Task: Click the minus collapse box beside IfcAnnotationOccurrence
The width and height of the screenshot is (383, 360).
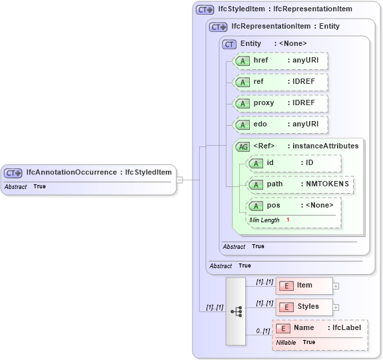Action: (179, 179)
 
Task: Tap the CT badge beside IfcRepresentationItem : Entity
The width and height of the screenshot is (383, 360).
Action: (218, 27)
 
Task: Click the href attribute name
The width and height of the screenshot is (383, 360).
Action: (261, 61)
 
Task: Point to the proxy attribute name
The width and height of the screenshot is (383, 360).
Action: (264, 103)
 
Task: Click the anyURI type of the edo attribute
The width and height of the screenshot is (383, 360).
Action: (303, 124)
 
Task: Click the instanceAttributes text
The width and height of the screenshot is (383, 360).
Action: (326, 146)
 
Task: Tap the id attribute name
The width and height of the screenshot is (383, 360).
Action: (270, 162)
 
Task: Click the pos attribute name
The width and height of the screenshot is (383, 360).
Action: (274, 205)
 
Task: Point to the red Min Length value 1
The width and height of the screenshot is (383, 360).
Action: (288, 220)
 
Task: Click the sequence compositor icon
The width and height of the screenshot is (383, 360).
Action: (236, 311)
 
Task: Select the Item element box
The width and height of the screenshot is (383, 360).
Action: (304, 285)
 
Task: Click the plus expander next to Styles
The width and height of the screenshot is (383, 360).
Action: (336, 307)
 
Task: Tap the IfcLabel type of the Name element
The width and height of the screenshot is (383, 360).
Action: (346, 327)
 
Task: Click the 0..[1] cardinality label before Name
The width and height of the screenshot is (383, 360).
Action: (263, 331)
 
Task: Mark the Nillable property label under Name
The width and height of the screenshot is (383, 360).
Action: (286, 342)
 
